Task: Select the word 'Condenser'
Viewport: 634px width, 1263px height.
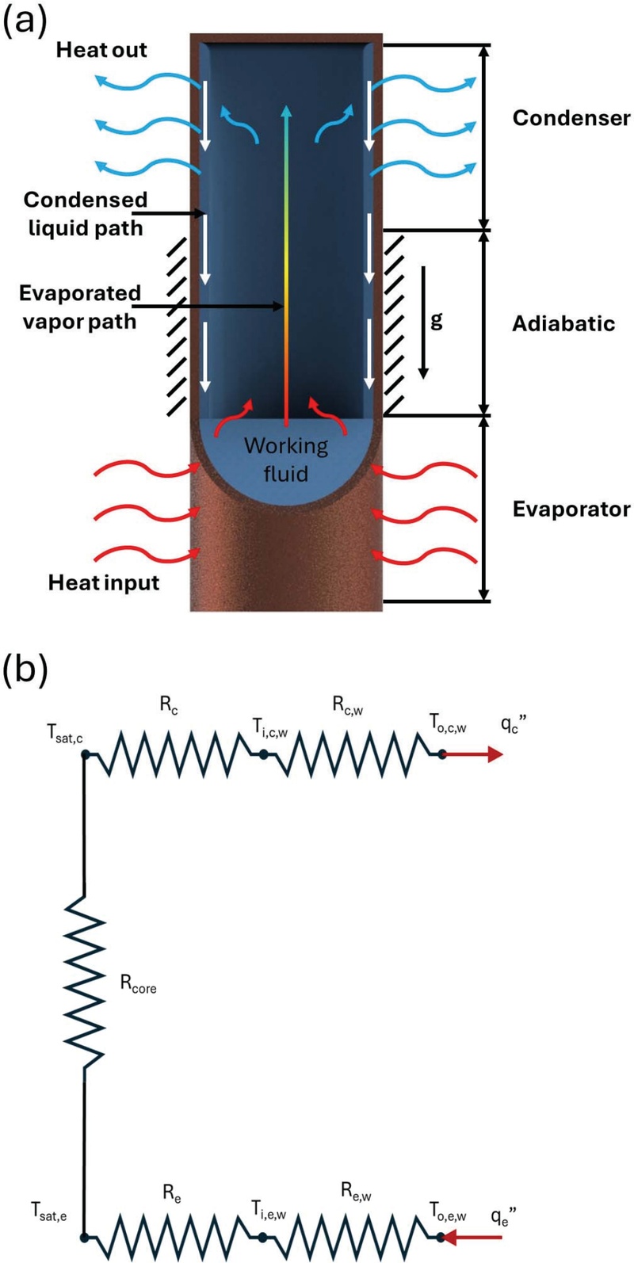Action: (x=571, y=119)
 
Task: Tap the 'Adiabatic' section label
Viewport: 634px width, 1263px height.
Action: (x=563, y=323)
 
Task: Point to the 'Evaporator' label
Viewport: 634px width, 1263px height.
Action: (x=571, y=509)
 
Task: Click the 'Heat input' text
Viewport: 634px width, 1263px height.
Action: (x=104, y=583)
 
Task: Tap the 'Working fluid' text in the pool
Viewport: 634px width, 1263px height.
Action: (x=285, y=460)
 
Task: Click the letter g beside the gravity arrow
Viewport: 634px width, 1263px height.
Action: (x=437, y=321)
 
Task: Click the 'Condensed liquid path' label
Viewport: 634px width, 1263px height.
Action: (x=83, y=214)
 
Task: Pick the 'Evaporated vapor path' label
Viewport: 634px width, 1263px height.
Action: (x=79, y=307)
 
